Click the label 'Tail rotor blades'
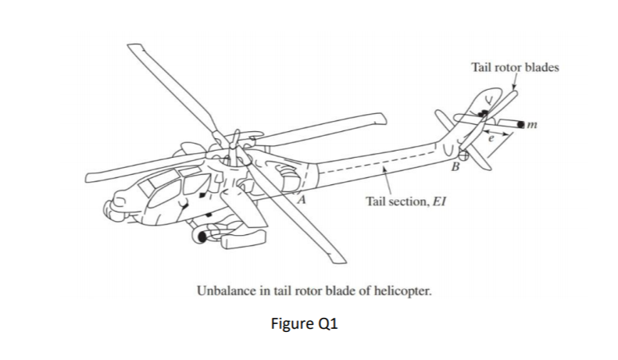pos(515,67)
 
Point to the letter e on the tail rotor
pos(490,137)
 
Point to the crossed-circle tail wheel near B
pos(465,155)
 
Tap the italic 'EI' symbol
pos(440,203)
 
